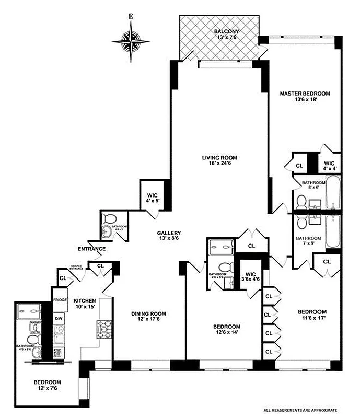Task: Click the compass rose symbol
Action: (x=131, y=40)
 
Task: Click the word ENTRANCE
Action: (x=92, y=249)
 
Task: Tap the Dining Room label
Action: (x=148, y=313)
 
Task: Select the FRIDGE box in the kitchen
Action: (x=59, y=300)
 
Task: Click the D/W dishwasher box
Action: (x=59, y=318)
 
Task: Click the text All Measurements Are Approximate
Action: (x=307, y=410)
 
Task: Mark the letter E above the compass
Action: (x=131, y=16)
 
